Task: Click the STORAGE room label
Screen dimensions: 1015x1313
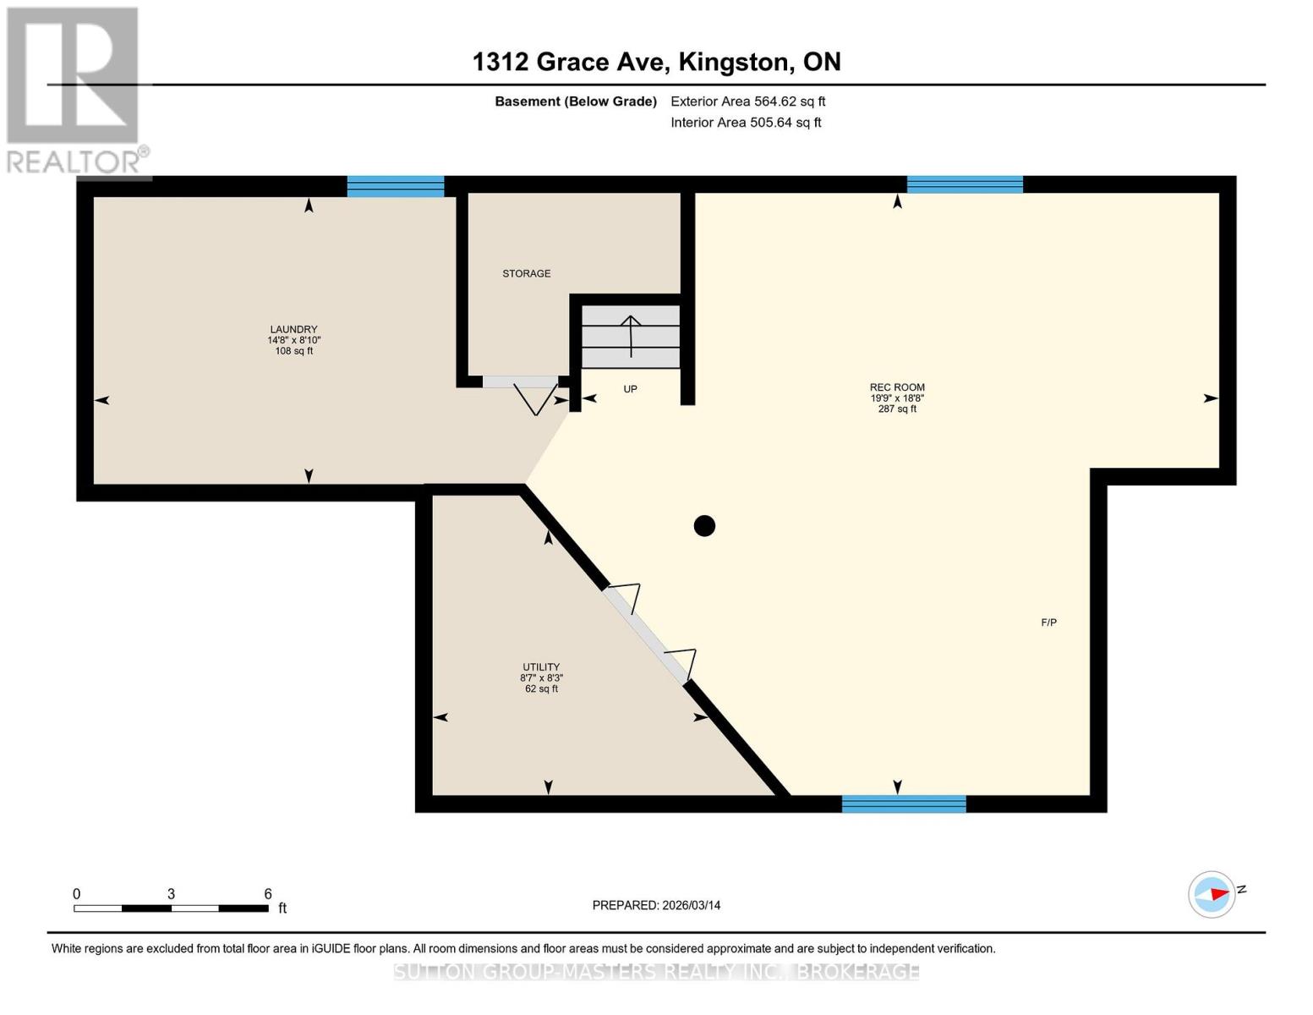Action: click(x=526, y=273)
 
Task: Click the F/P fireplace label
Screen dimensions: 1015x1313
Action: click(x=1048, y=623)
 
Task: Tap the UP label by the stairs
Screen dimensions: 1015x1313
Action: click(x=630, y=389)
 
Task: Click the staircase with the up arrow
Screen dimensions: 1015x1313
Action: click(x=631, y=337)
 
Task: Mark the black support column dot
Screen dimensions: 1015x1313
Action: click(x=704, y=526)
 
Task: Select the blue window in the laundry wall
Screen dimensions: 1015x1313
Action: click(x=396, y=186)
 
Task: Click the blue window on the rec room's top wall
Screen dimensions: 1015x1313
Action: click(x=965, y=184)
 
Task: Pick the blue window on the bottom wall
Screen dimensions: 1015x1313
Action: click(x=904, y=804)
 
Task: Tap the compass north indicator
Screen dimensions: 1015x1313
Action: click(x=1212, y=894)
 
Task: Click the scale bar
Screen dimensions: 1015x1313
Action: click(x=171, y=908)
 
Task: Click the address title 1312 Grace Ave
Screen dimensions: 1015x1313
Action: click(x=656, y=62)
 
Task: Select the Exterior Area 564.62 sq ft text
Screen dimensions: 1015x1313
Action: click(x=747, y=101)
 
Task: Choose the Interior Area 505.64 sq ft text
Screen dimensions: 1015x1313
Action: click(x=746, y=123)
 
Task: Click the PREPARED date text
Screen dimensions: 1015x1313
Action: click(x=656, y=905)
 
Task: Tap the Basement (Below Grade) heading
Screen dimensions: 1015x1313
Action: click(x=575, y=101)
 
